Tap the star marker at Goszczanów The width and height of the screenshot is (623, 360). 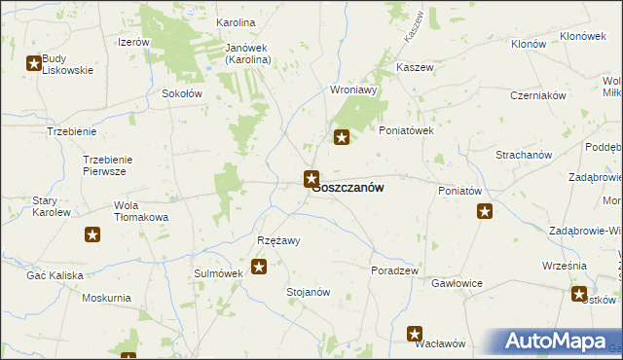point(311,178)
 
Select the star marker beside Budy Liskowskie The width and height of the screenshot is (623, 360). point(34,64)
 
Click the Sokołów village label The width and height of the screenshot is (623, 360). point(181,94)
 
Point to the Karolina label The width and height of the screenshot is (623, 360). point(236,21)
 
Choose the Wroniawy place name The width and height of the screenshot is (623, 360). point(353,89)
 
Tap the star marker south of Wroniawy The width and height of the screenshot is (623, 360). point(342,138)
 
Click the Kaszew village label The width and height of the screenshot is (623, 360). point(415,67)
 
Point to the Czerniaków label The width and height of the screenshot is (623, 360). point(538,95)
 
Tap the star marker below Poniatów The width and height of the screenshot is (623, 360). point(485,211)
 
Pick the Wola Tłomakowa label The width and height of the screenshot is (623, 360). point(141,211)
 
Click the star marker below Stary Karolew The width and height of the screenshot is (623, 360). point(92,234)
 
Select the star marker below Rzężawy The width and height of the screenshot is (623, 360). point(259,267)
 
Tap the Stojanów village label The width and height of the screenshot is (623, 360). point(309,292)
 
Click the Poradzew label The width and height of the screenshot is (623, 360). point(394,270)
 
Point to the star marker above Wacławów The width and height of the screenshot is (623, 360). point(415,334)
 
